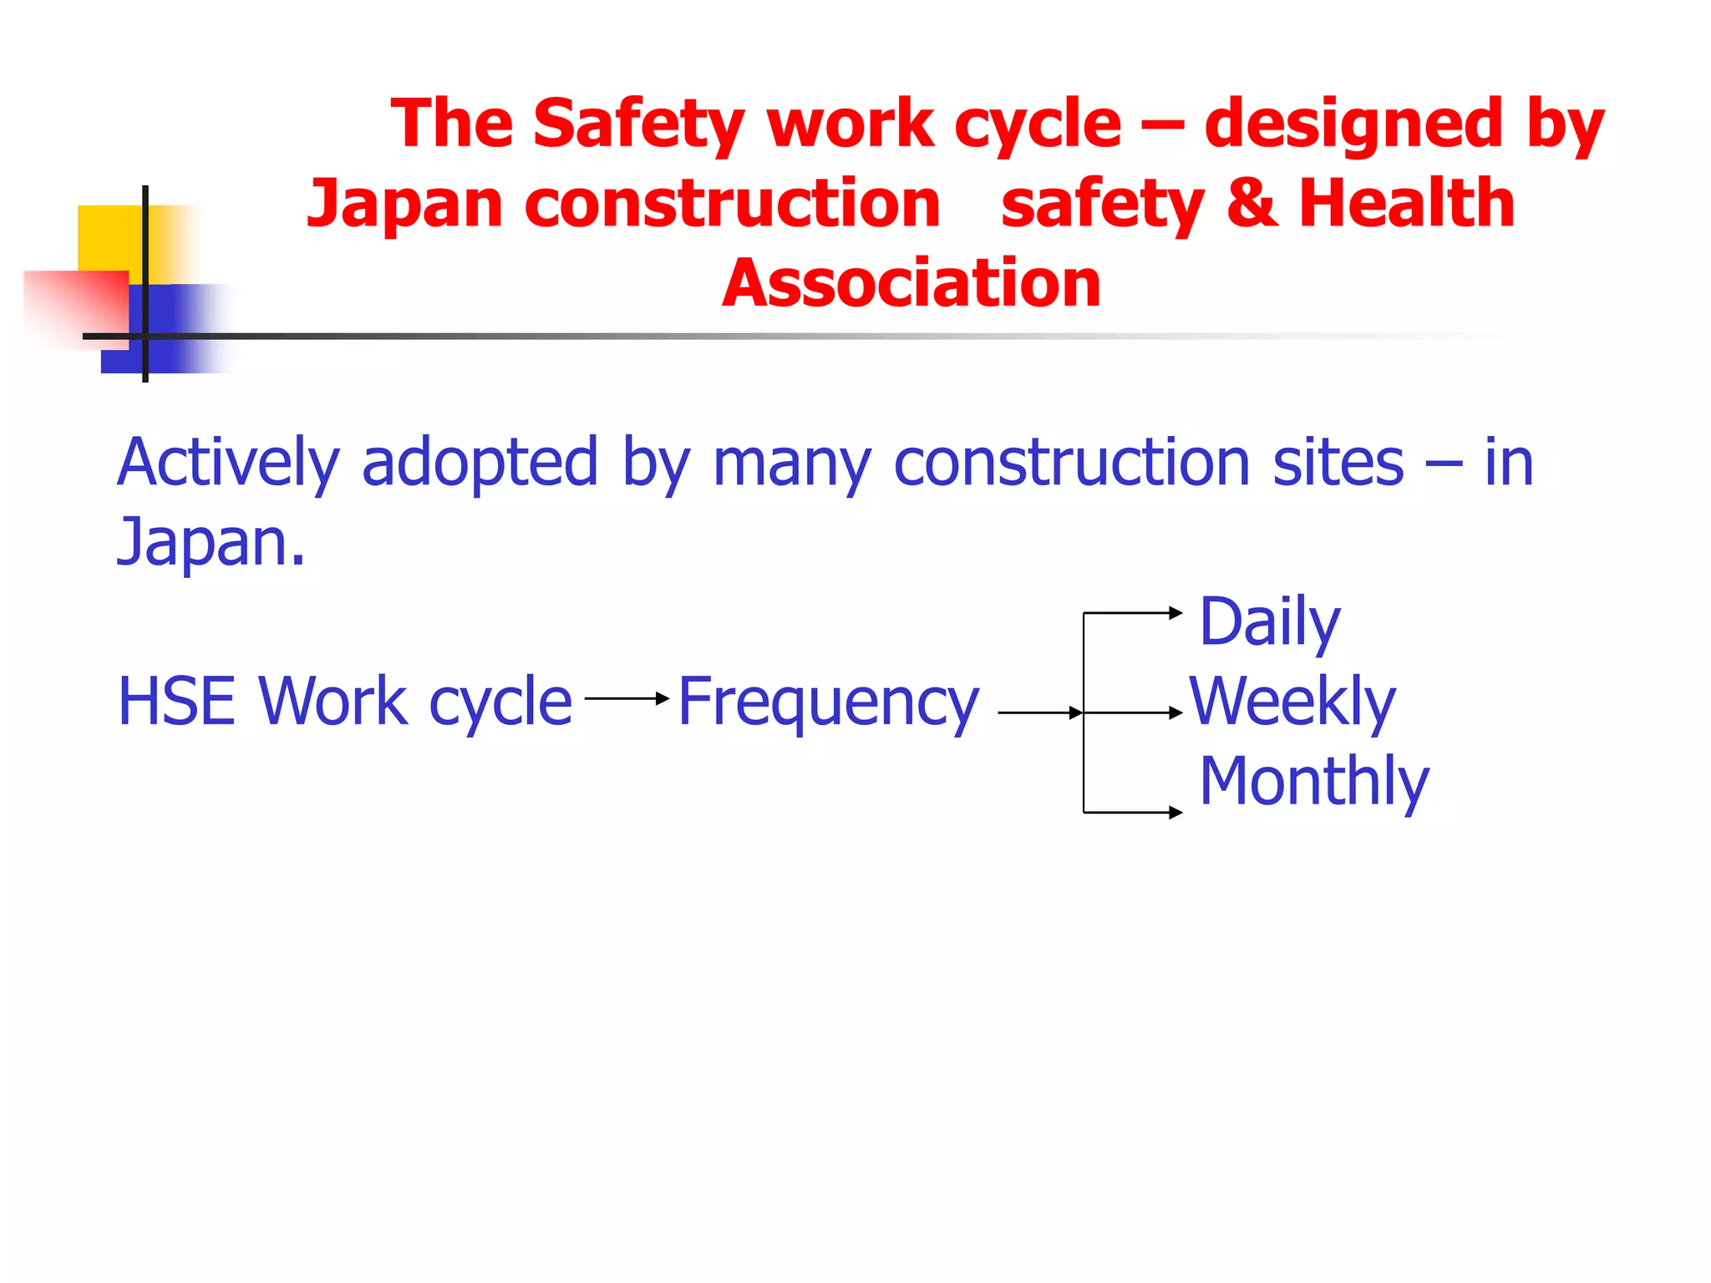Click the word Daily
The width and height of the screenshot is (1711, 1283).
pyautogui.click(x=1269, y=622)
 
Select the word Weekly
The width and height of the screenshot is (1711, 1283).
pyautogui.click(x=1292, y=702)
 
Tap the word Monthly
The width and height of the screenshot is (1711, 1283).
pyautogui.click(x=1313, y=781)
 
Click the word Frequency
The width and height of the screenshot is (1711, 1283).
pyautogui.click(x=827, y=702)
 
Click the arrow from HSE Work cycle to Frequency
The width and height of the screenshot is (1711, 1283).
pyautogui.click(x=627, y=698)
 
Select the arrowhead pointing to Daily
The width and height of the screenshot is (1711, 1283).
pyautogui.click(x=1176, y=613)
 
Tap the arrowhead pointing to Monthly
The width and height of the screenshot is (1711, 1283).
pyautogui.click(x=1176, y=812)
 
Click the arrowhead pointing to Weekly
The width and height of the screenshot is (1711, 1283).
pyautogui.click(x=1176, y=713)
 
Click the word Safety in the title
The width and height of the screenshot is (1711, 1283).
pyautogui.click(x=638, y=124)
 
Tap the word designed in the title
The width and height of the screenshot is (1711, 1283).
pyautogui.click(x=1354, y=124)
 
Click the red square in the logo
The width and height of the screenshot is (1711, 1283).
pyautogui.click(x=75, y=305)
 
